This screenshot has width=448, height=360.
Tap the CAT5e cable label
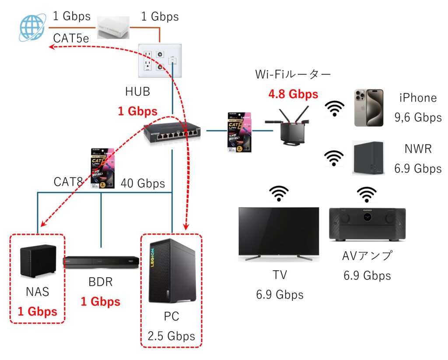point(71,39)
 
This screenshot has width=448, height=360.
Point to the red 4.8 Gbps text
point(293,94)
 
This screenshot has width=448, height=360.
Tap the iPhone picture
point(368,108)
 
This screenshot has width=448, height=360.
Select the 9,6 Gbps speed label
point(417,117)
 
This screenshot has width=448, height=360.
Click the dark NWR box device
point(368,158)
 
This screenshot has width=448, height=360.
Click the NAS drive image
point(38,261)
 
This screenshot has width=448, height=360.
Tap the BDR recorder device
point(101,263)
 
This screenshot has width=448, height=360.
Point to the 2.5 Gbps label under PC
point(171,337)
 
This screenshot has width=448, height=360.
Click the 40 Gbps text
point(143,183)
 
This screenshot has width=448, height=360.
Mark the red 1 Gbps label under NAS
point(38,311)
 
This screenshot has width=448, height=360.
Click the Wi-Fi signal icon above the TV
point(279,193)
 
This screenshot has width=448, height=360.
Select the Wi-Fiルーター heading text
point(293,75)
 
